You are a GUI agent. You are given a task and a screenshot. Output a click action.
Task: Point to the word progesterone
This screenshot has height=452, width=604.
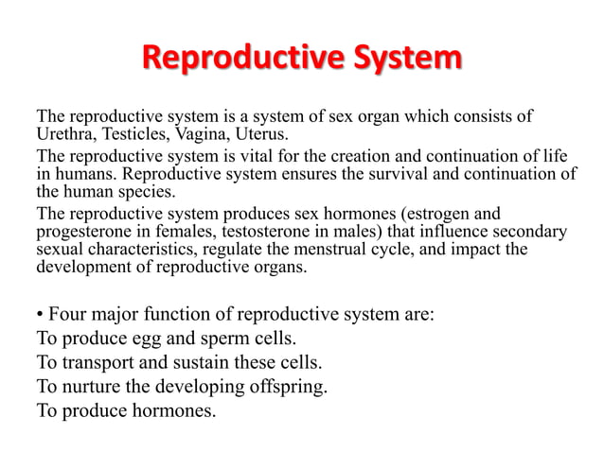pos(80,231)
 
